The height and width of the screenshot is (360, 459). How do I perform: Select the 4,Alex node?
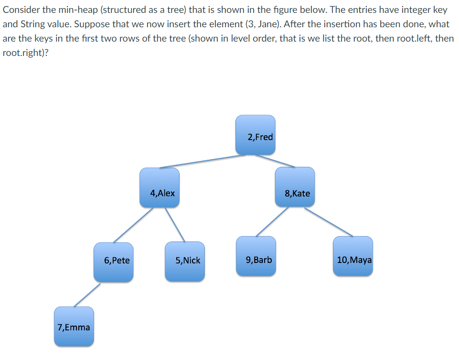coord(160,187)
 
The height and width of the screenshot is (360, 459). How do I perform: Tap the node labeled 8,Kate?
coord(295,187)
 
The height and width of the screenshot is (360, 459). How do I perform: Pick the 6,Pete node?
coord(114,262)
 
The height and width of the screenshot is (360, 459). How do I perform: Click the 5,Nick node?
coord(185,262)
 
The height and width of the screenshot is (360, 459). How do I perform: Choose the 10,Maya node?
coord(353,256)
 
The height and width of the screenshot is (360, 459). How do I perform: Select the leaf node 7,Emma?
coord(74,327)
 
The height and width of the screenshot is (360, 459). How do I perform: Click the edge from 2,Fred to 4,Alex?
coord(198,162)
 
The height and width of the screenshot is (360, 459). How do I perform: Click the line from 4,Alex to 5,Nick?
coord(175,224)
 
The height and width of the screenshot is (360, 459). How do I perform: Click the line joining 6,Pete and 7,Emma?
coord(87,295)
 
